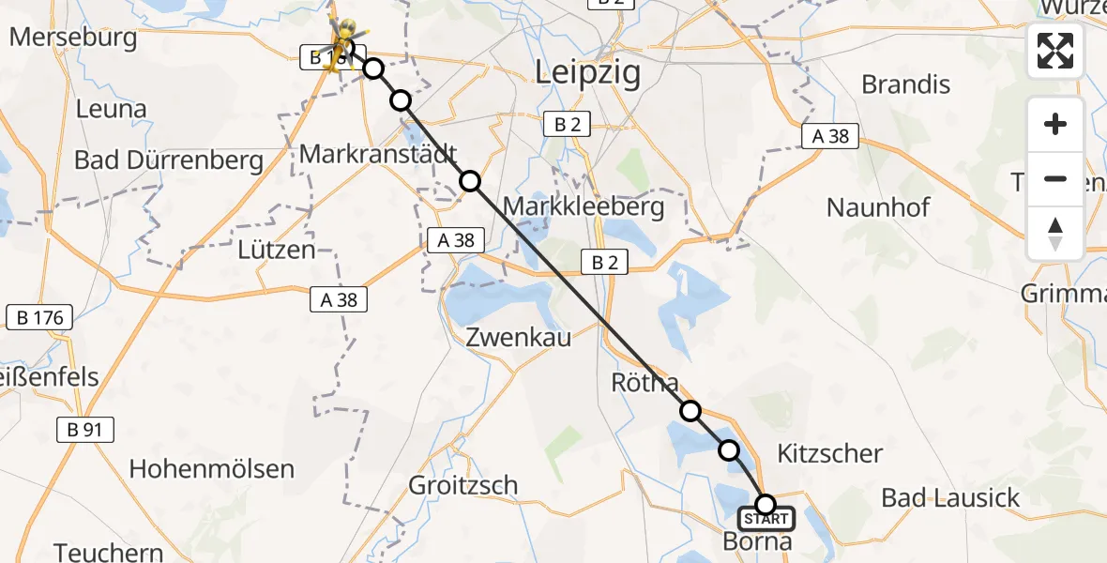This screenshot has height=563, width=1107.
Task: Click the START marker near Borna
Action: (766, 518)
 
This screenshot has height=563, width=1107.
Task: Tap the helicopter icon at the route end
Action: (341, 42)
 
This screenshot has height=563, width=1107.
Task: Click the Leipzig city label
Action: (587, 72)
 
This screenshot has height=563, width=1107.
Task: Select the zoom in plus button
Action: (1055, 125)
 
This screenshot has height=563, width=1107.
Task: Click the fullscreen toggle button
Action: (1055, 51)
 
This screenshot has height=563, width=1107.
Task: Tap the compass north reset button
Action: (1055, 234)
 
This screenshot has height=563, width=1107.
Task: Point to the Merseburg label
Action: (73, 39)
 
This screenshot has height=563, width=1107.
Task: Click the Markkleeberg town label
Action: (584, 206)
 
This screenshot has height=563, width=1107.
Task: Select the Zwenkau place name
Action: (518, 338)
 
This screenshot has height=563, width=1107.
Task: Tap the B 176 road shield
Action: (40, 318)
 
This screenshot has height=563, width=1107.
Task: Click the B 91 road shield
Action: (84, 431)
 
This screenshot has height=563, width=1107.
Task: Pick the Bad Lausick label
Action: (950, 497)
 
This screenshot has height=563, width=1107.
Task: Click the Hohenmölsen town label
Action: (211, 468)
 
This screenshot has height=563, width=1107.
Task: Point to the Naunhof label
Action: (878, 206)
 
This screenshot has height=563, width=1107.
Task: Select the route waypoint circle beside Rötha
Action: (690, 411)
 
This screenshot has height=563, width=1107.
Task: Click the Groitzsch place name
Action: (463, 485)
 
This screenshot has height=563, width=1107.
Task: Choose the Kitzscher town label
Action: (830, 454)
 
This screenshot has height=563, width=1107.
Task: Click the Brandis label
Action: (905, 84)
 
